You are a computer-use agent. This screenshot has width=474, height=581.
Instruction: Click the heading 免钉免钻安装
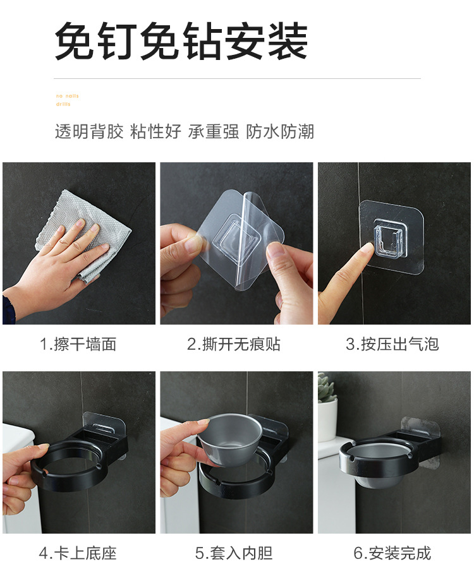(x=181, y=41)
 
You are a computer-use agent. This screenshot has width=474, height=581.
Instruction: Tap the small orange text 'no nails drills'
(x=67, y=100)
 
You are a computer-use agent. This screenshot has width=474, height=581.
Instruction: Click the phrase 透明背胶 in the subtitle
(x=89, y=131)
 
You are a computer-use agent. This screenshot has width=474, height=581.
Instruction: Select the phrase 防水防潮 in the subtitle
(x=280, y=131)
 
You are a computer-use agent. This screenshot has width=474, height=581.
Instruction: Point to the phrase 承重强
(x=213, y=131)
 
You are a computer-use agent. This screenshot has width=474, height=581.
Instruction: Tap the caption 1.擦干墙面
(x=78, y=344)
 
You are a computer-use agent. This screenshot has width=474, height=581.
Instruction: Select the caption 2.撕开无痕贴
(x=234, y=344)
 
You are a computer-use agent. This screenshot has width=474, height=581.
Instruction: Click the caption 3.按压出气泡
(x=392, y=344)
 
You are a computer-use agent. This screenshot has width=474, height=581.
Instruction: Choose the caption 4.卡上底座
(x=78, y=554)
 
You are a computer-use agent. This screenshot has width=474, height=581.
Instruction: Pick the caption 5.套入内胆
(x=234, y=554)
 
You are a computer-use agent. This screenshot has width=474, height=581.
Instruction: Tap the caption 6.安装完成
(x=392, y=554)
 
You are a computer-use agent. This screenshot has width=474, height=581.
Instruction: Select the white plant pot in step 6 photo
(x=327, y=420)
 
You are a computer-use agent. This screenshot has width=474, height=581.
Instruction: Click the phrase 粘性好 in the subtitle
(x=155, y=131)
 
